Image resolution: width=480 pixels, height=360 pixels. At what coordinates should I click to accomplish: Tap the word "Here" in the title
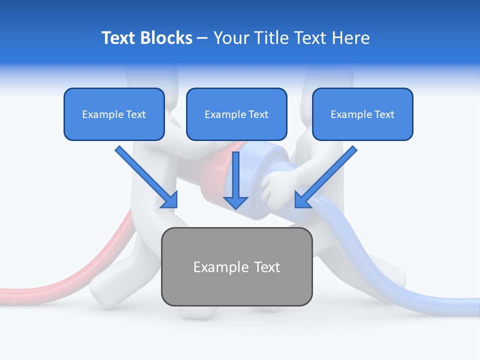pos(352,38)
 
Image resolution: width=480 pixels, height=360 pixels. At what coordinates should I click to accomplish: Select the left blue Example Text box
pos(114,114)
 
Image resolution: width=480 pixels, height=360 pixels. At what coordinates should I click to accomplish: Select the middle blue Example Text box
pos(236,114)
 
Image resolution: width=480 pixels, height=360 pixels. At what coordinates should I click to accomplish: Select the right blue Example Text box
pos(362,114)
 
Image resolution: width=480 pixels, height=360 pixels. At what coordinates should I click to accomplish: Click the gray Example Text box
pos(236,266)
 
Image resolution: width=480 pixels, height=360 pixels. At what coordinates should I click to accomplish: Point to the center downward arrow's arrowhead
pos(236,202)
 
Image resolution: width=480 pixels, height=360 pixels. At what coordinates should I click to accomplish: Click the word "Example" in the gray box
pos(220,267)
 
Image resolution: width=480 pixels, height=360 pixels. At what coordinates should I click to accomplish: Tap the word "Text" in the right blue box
pos(384,114)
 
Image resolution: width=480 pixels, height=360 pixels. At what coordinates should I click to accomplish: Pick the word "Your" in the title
pos(229,38)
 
